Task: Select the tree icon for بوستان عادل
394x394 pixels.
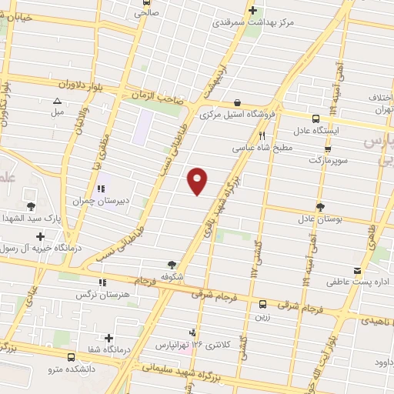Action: tap(319, 206)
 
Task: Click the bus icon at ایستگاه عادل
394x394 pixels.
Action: tap(316, 119)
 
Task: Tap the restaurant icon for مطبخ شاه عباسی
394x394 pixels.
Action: tap(262, 135)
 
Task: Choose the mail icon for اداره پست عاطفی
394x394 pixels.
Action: tap(356, 271)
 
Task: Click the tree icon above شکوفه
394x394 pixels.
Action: tap(171, 263)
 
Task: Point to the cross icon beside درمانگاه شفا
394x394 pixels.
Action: tap(109, 338)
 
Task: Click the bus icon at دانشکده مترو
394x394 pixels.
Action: tap(72, 358)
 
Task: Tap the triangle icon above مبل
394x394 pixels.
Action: tap(56, 101)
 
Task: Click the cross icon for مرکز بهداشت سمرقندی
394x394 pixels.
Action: tap(253, 10)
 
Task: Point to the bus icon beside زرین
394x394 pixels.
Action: tap(262, 304)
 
